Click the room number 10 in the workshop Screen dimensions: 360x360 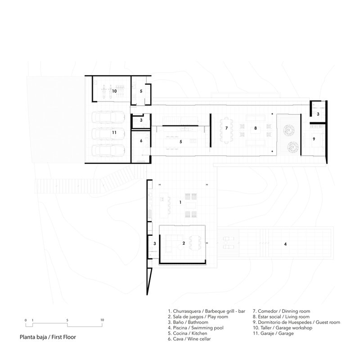(x=114, y=91)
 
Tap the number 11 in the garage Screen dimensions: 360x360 (x=114, y=133)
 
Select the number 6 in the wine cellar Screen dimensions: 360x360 (x=141, y=141)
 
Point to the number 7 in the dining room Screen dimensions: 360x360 (x=227, y=128)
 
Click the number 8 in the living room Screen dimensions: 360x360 (x=256, y=128)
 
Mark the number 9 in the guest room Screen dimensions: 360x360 (x=314, y=139)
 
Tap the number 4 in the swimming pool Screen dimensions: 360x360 (x=285, y=244)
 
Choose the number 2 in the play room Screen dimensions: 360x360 (x=183, y=243)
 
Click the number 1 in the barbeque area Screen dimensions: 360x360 (x=180, y=202)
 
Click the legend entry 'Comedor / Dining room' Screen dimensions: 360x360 (x=281, y=311)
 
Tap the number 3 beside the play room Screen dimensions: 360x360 (x=154, y=243)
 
